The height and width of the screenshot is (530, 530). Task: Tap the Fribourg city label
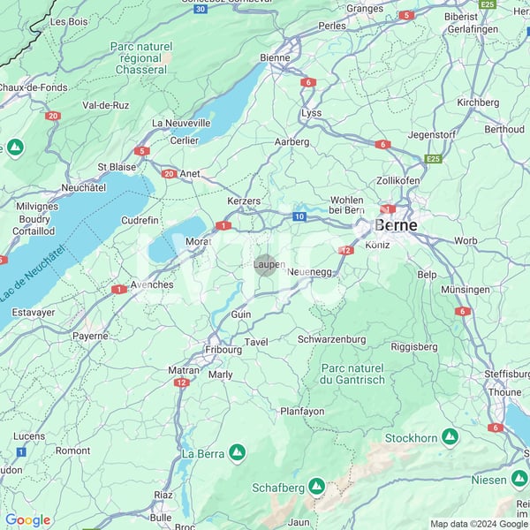pyautogui.click(x=223, y=349)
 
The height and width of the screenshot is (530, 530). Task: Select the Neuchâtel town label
pyautogui.click(x=84, y=188)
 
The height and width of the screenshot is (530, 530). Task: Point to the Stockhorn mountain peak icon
pyautogui.click(x=450, y=437)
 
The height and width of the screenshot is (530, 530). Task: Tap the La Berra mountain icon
pyautogui.click(x=237, y=453)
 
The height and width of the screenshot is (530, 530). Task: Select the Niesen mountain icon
pyautogui.click(x=519, y=480)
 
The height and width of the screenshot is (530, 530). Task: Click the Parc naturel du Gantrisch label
pyautogui.click(x=352, y=374)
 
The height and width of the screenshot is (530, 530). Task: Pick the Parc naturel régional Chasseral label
pyautogui.click(x=139, y=57)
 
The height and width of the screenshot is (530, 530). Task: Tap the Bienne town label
pyautogui.click(x=275, y=58)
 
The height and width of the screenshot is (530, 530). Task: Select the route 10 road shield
pyautogui.click(x=299, y=216)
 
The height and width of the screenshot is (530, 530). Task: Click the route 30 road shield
pyautogui.click(x=201, y=9)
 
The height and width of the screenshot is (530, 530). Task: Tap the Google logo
pyautogui.click(x=27, y=520)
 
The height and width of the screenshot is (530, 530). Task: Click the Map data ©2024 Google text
pyautogui.click(x=478, y=524)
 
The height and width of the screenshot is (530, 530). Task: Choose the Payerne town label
pyautogui.click(x=90, y=336)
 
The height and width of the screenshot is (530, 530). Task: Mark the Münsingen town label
pyautogui.click(x=465, y=290)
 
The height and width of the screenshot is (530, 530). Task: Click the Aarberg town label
pyautogui.click(x=291, y=141)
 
